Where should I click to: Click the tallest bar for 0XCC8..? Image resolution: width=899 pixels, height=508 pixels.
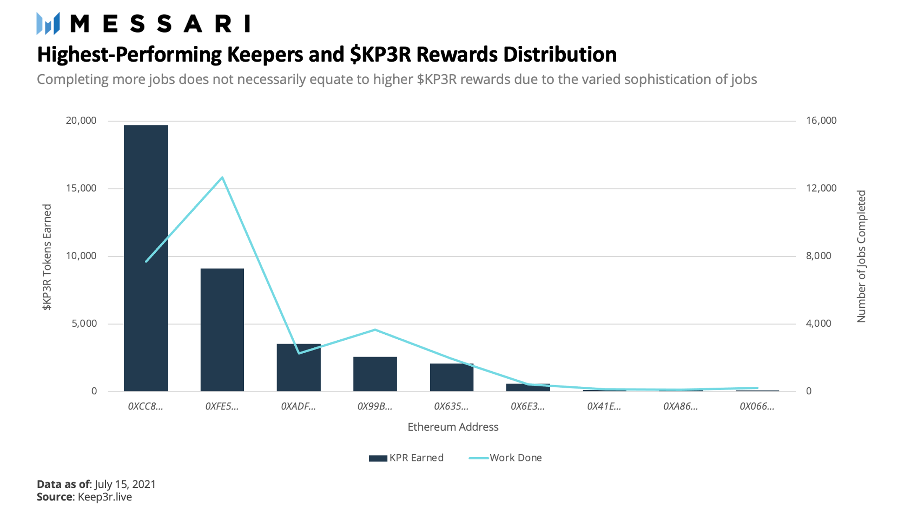(x=146, y=258)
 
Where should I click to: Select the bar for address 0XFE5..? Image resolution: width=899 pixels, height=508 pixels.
(x=222, y=330)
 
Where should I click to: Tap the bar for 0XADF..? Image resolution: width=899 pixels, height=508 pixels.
(x=298, y=367)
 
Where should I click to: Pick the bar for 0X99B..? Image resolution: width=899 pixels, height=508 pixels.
(x=375, y=374)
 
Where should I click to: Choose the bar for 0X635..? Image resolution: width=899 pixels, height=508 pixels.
(x=452, y=377)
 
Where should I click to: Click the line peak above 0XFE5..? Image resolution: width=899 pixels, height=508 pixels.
(x=222, y=177)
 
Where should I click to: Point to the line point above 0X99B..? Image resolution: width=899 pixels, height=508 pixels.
(x=375, y=330)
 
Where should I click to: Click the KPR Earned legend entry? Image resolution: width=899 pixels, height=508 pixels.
(x=406, y=458)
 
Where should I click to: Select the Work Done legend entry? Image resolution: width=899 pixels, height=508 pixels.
(x=506, y=458)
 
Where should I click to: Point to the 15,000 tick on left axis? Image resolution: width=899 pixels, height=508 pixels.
(x=81, y=188)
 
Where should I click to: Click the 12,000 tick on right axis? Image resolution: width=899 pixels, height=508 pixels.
(x=821, y=188)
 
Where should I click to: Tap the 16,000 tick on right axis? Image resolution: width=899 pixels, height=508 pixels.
(x=821, y=121)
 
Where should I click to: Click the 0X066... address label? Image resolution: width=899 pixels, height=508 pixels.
(x=757, y=406)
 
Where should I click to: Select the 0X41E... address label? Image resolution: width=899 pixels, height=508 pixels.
(x=604, y=406)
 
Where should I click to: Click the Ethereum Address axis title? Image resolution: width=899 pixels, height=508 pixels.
(x=453, y=427)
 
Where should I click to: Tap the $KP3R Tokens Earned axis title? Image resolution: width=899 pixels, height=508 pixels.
(x=47, y=257)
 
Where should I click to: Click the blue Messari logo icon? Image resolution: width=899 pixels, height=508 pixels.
(x=48, y=23)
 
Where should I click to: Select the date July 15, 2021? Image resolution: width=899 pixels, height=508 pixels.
(x=125, y=485)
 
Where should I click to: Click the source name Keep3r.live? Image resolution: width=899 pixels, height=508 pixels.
(x=105, y=497)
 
